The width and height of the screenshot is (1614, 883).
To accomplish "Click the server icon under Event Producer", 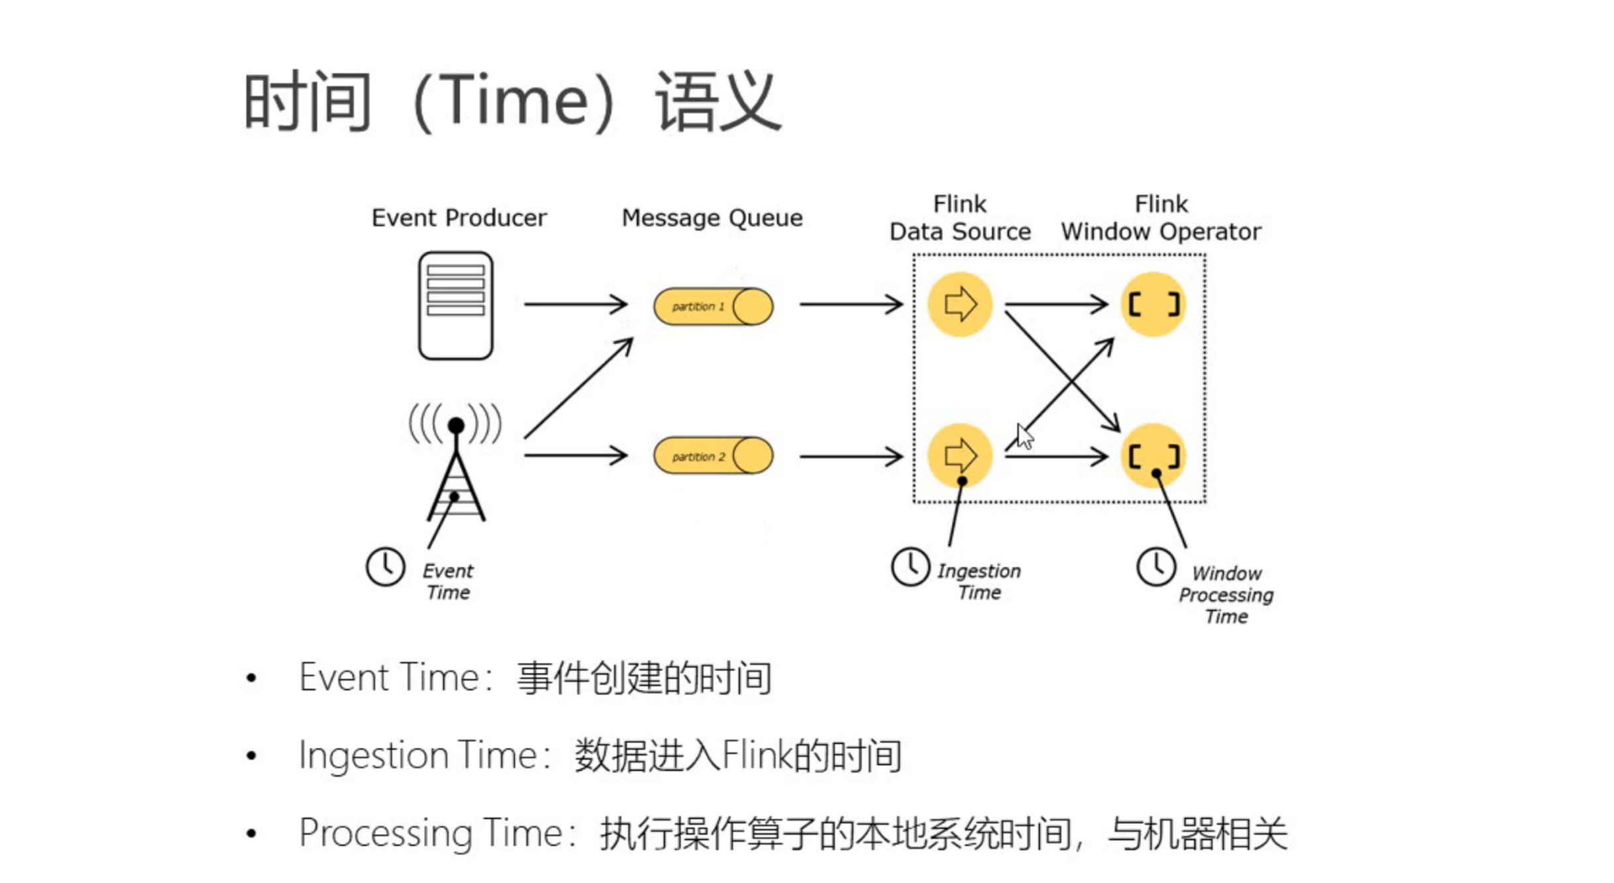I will (455, 305).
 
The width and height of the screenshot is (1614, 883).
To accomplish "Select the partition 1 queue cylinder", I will (713, 306).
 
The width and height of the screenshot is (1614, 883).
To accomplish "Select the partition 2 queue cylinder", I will (713, 456).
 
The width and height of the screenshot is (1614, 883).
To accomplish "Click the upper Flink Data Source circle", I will (959, 304).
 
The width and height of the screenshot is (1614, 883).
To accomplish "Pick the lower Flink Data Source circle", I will (959, 455).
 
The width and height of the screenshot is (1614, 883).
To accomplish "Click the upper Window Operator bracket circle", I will (1153, 304).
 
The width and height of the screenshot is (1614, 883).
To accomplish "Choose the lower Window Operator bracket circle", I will (1153, 455).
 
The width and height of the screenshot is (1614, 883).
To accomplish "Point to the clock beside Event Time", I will (385, 567).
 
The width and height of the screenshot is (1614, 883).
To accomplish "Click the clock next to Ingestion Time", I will (910, 567).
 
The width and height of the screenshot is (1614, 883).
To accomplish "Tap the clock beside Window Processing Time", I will (1156, 567).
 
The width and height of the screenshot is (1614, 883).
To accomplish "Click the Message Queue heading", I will (712, 218).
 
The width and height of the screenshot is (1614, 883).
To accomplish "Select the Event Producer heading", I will (458, 218).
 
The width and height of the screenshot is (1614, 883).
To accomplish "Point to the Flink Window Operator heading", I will (1161, 218).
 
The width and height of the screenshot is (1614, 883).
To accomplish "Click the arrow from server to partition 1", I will (575, 304).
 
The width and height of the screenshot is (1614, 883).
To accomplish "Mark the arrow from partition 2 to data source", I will (851, 456).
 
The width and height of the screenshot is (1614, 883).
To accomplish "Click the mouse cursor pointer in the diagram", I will (1024, 437).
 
